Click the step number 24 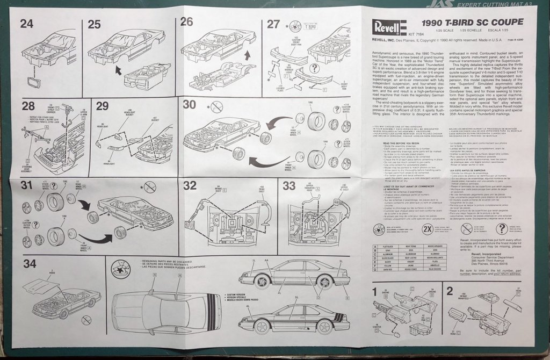pos(27,23)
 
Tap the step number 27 pos(273,23)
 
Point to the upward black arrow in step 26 pos(247,55)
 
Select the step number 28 pos(28,106)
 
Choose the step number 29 pos(102,106)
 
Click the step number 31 pos(27,186)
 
